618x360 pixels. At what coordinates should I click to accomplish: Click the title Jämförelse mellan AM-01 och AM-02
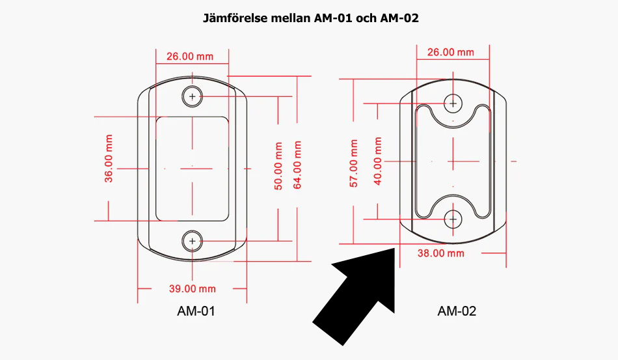click(x=310, y=18)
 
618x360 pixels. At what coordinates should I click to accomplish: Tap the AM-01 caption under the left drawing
click(x=196, y=311)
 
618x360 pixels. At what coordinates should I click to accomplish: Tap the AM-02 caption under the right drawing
click(x=457, y=311)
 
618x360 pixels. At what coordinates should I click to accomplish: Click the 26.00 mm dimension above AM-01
click(x=190, y=57)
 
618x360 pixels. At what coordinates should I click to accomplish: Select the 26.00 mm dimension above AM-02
click(x=451, y=52)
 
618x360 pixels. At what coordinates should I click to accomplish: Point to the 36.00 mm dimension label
click(x=109, y=158)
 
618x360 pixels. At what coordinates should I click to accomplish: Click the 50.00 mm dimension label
click(x=278, y=166)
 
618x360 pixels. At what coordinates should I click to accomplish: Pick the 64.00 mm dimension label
click(x=297, y=165)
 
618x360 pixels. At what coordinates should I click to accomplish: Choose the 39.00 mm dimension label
click(x=193, y=288)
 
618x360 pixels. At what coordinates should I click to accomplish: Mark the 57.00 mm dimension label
click(x=353, y=163)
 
